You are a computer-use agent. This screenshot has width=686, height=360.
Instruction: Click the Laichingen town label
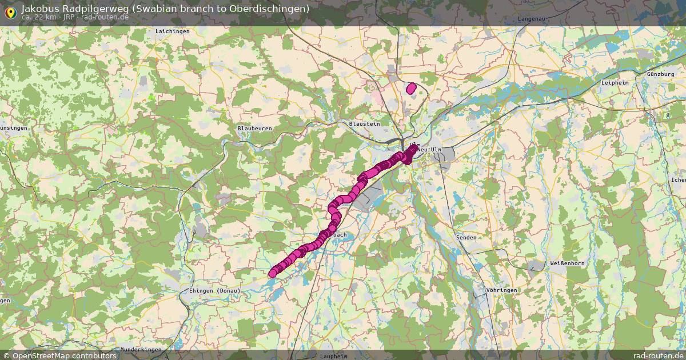[172, 31]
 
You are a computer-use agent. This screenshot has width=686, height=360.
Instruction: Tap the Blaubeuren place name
[254, 129]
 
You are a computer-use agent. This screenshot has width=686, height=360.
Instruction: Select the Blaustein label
[364, 123]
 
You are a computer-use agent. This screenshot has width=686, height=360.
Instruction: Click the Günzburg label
[661, 75]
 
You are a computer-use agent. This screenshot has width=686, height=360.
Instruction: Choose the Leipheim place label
[615, 83]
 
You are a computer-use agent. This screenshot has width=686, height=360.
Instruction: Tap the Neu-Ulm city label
[430, 150]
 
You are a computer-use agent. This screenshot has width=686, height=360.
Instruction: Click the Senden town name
[465, 237]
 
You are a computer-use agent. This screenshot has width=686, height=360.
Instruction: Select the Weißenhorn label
[567, 263]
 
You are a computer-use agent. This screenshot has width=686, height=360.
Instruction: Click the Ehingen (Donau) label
[214, 291]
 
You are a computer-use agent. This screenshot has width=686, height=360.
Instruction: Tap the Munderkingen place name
[142, 349]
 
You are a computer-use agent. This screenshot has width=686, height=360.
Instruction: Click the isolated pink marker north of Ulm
[411, 88]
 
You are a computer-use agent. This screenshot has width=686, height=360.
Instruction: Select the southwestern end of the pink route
[273, 274]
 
